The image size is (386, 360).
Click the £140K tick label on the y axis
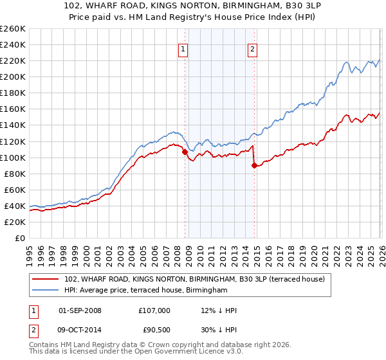(13, 125)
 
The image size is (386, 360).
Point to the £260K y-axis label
(13, 28)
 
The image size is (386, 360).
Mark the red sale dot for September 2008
(185, 152)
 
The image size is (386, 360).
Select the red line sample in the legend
(46, 279)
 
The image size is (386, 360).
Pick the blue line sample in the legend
(46, 291)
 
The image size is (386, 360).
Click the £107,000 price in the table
(154, 310)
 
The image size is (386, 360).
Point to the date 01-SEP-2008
(80, 310)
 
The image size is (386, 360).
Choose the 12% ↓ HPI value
(219, 310)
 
